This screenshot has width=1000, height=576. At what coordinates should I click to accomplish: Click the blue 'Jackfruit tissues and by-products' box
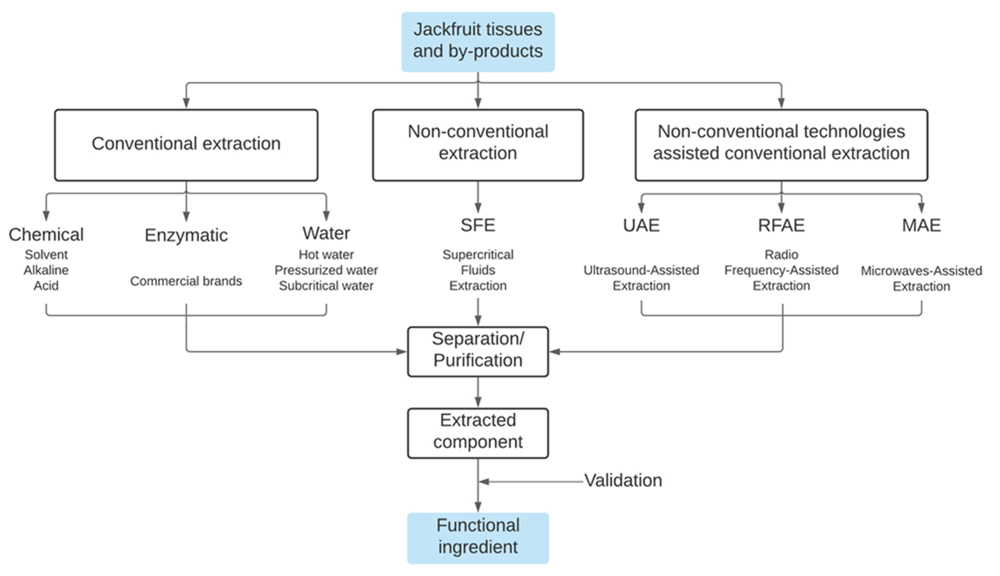click(x=477, y=42)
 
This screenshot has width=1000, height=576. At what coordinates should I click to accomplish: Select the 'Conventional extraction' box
click(x=186, y=145)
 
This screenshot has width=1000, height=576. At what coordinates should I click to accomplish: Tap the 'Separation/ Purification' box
click(x=477, y=351)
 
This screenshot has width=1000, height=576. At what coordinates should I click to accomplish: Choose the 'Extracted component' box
click(x=477, y=433)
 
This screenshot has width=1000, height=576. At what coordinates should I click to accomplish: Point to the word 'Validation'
click(x=623, y=481)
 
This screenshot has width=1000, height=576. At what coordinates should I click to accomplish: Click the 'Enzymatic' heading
click(x=186, y=235)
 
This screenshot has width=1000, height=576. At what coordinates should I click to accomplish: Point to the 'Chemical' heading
click(x=46, y=235)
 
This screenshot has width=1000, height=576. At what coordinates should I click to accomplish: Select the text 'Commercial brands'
click(x=186, y=281)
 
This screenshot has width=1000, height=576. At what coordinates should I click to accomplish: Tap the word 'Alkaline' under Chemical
click(x=46, y=270)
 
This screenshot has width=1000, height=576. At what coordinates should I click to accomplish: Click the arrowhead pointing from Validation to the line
click(x=484, y=482)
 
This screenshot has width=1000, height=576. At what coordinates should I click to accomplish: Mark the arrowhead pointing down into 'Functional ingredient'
click(x=478, y=507)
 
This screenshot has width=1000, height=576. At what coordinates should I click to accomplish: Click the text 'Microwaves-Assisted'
click(x=921, y=271)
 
